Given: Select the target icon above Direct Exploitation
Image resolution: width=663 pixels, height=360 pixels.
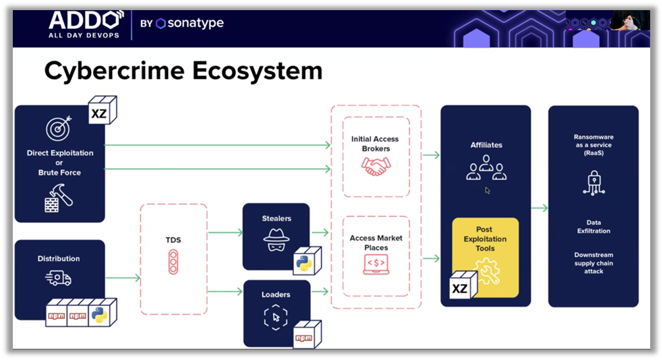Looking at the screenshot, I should click(59, 128).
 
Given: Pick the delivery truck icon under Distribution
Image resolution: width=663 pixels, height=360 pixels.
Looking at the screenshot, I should click(59, 277).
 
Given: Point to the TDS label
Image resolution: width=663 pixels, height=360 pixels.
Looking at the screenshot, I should click(173, 239).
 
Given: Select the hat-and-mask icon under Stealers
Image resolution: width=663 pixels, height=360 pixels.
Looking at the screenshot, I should click(276, 239).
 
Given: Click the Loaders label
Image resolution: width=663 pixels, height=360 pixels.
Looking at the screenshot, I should click(276, 295).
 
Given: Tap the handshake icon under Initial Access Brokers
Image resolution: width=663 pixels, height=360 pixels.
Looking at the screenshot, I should click(376, 167).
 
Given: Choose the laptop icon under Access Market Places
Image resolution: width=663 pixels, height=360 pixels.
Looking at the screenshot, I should click(376, 264).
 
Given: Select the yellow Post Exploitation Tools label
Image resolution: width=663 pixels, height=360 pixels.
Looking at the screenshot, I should click(485, 239).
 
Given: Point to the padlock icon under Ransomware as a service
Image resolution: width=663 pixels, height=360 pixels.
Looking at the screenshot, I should click(594, 183).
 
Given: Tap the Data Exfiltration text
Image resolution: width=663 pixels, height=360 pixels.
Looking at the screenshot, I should click(594, 227).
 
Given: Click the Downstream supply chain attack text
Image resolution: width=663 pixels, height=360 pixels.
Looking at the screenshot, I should click(594, 263).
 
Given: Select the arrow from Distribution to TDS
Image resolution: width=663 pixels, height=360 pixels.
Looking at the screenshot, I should click(123, 277).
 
